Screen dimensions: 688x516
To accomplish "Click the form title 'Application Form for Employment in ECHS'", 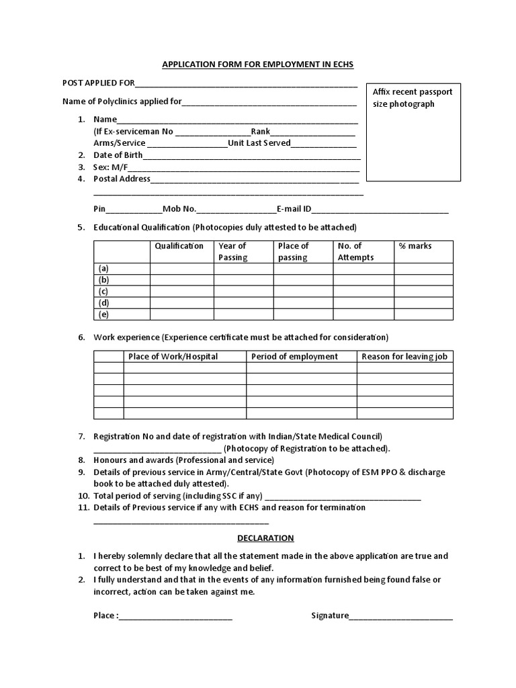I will click(x=257, y=64).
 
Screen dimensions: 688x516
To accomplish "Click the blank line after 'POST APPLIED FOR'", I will click(x=246, y=85).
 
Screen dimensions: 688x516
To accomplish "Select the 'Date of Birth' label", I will click(x=118, y=155).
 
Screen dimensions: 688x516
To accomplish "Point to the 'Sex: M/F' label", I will click(x=110, y=167).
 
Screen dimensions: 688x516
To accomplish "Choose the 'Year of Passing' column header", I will click(x=233, y=251).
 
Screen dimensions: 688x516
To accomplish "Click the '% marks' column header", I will click(x=415, y=246).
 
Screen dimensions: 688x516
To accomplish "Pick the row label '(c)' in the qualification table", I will click(x=103, y=292).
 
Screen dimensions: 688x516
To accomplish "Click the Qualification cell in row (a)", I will click(x=181, y=269).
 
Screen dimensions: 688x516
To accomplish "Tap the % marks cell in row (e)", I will click(x=423, y=314).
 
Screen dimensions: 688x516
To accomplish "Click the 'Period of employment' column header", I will click(x=294, y=356).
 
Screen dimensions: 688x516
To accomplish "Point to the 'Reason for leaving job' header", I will click(x=404, y=356).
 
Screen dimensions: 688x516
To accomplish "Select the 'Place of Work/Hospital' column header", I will click(x=173, y=356).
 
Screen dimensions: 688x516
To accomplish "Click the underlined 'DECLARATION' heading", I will click(x=265, y=538).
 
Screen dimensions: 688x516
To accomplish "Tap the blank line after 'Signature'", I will click(x=400, y=615).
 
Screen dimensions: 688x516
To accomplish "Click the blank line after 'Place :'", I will click(x=176, y=615).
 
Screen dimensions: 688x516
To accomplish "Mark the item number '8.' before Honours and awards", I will click(x=81, y=460).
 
